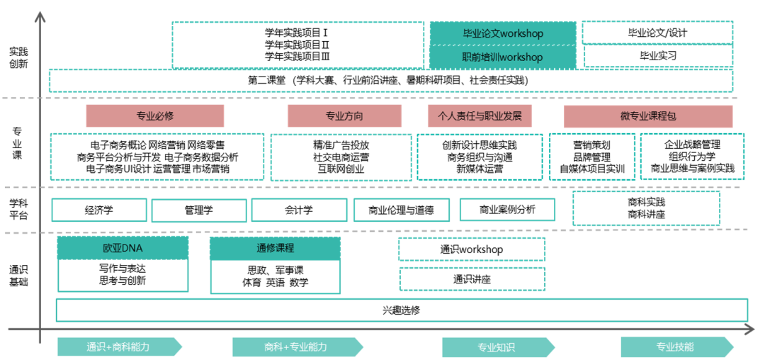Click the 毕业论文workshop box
point(503,33)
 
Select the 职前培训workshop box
point(503,57)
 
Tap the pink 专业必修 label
point(155,116)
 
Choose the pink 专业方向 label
point(344,116)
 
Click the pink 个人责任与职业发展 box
point(480,116)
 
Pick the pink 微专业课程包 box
point(647,116)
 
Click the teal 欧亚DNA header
point(123,248)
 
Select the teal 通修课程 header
point(275,248)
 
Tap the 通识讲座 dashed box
point(472,279)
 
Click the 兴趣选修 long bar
point(402,310)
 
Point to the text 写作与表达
point(123,269)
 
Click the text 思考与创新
point(123,281)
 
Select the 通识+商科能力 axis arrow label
point(118,347)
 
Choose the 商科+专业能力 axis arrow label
point(296,347)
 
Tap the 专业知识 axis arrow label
point(497,347)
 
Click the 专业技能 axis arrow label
point(675,347)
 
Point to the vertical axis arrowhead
point(40,16)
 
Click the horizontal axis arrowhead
point(749,330)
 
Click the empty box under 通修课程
point(276,277)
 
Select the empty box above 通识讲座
point(472,249)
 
